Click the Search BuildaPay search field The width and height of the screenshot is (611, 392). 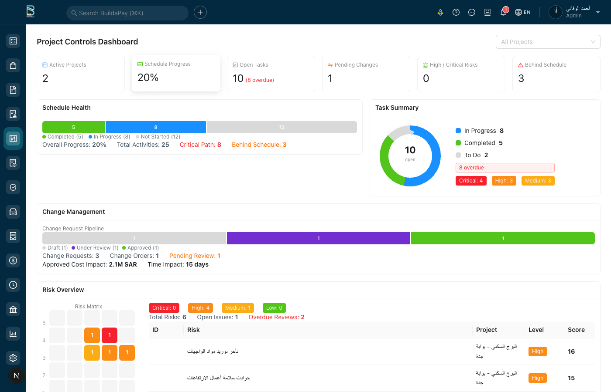[x=127, y=13]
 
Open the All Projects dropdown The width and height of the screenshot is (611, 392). [x=548, y=42]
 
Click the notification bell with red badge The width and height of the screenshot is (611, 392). [x=503, y=12]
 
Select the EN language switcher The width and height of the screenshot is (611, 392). [x=523, y=12]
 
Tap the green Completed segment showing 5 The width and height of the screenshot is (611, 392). [x=73, y=127]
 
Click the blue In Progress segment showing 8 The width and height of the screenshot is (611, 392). [x=155, y=127]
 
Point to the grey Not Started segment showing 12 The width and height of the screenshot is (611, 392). [x=281, y=127]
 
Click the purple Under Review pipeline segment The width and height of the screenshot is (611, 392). [x=318, y=238]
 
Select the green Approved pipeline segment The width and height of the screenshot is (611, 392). [x=503, y=238]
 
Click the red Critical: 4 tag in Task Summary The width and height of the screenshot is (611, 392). [x=470, y=181]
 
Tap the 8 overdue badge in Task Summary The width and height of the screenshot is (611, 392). [x=505, y=168]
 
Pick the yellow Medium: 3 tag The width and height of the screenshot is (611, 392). [x=538, y=181]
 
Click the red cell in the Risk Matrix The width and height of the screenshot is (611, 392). [x=110, y=335]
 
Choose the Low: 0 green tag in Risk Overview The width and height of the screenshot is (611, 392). [x=274, y=308]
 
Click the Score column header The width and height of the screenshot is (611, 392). [x=576, y=330]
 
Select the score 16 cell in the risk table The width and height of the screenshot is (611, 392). [x=571, y=351]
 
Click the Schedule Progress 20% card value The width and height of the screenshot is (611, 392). [x=148, y=78]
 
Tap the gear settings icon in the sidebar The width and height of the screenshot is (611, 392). [x=13, y=358]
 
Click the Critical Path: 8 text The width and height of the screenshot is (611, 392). [x=200, y=145]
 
